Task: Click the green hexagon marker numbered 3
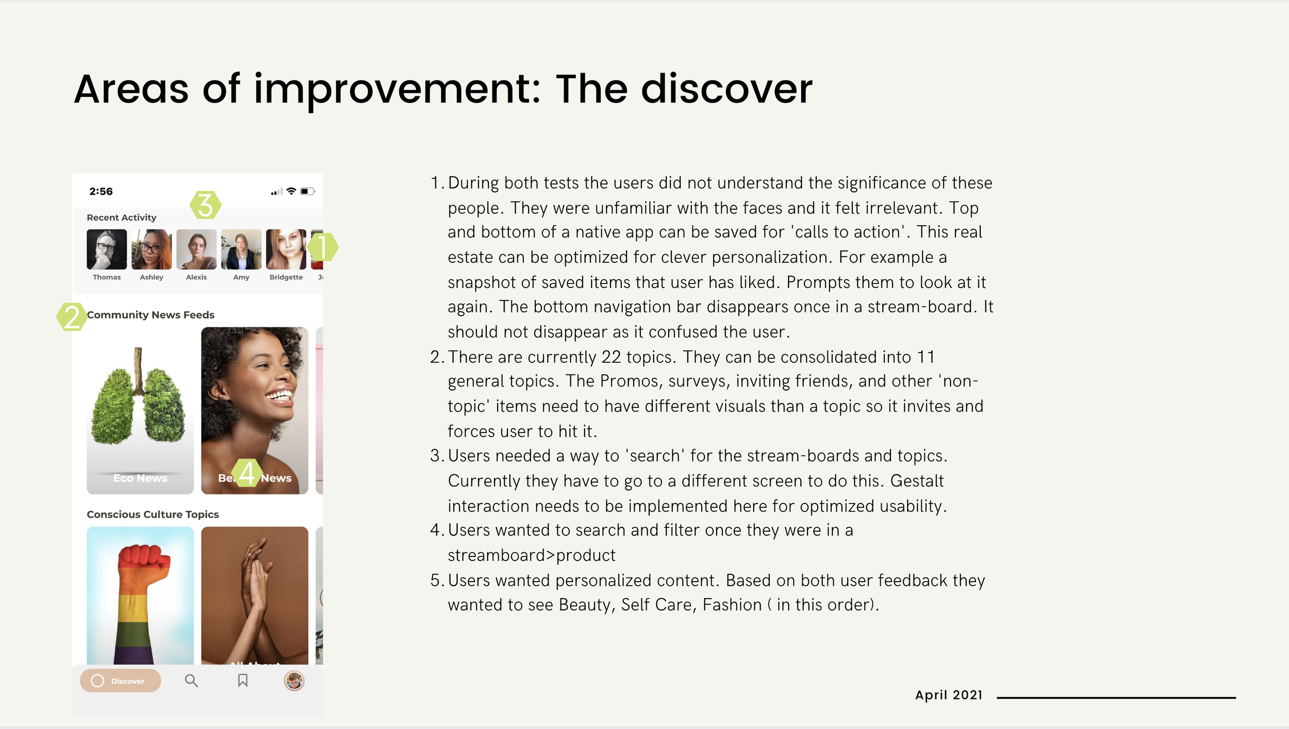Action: pyautogui.click(x=205, y=205)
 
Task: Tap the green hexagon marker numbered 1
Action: pyautogui.click(x=323, y=247)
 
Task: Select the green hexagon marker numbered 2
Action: pyautogui.click(x=72, y=316)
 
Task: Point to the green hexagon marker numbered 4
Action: pyautogui.click(x=247, y=473)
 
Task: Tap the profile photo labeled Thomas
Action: pyautogui.click(x=107, y=249)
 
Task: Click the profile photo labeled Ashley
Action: pyautogui.click(x=152, y=249)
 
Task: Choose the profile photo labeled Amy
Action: pyautogui.click(x=241, y=249)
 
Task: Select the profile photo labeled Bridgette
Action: pyautogui.click(x=286, y=249)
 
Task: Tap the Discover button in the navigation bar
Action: pyautogui.click(x=120, y=681)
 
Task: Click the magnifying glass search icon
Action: pyautogui.click(x=191, y=681)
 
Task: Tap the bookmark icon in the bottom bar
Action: pyautogui.click(x=243, y=681)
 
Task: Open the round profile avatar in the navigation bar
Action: pyautogui.click(x=294, y=681)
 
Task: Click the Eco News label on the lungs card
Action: pyautogui.click(x=140, y=478)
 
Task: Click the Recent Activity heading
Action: pyautogui.click(x=122, y=217)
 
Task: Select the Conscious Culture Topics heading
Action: pyautogui.click(x=153, y=514)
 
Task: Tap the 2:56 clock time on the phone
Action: pyautogui.click(x=101, y=191)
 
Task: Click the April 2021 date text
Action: pyautogui.click(x=949, y=695)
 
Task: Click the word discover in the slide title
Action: pyautogui.click(x=727, y=89)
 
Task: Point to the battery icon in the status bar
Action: pyautogui.click(x=307, y=191)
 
